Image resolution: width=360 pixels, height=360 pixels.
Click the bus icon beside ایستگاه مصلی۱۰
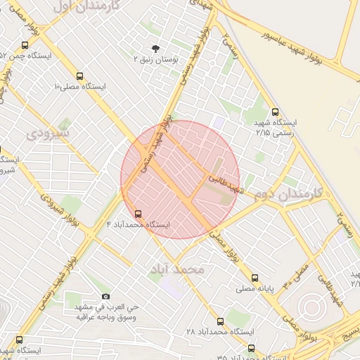pos(79,75)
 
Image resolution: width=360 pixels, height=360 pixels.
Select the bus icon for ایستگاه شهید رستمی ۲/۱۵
pos(275,111)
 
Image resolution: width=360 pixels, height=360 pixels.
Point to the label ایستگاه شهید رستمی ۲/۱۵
pos(276,127)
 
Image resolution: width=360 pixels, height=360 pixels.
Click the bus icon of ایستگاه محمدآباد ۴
pos(138,213)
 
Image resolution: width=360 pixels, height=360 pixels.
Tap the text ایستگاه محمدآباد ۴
pos(139,224)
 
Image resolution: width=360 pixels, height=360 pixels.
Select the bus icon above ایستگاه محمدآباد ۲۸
pos(220,321)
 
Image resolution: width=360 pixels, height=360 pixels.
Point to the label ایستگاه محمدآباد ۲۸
pos(220,331)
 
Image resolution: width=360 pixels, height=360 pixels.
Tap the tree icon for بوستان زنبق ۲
pos(155,49)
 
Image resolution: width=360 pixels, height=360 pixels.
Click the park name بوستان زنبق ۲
pos(155,60)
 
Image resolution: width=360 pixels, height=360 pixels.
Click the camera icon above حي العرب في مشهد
pos(106,296)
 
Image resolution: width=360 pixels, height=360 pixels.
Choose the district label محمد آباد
pos(181,269)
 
